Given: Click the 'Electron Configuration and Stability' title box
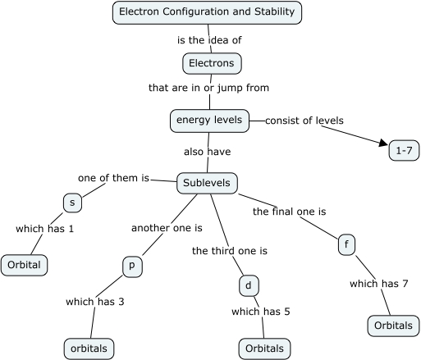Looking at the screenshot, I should point(207,12).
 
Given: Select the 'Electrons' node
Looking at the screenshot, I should point(212,63).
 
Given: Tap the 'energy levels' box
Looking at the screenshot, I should point(209,121).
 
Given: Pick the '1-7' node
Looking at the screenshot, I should point(404,151).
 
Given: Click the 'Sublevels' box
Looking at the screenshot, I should point(208,183).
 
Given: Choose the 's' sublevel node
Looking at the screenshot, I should point(72,203).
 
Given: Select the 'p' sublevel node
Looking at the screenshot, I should point(132,267).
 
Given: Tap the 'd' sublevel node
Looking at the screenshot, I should point(248,285).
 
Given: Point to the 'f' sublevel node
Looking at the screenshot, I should point(346,244).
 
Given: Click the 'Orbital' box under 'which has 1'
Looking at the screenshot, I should point(25,266).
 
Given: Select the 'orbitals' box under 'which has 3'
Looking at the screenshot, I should point(89,349).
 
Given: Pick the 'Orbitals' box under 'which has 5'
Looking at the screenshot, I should point(264,349).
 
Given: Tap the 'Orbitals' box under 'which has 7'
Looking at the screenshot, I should point(392,325).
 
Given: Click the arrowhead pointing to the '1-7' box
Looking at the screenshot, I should point(382,144).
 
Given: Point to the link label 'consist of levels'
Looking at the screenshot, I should point(304,121).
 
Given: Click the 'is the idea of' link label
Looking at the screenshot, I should point(209,39).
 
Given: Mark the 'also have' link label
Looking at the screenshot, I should point(208,152).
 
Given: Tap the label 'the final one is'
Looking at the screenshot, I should point(289,212).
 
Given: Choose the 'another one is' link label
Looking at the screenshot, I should point(167,227).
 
